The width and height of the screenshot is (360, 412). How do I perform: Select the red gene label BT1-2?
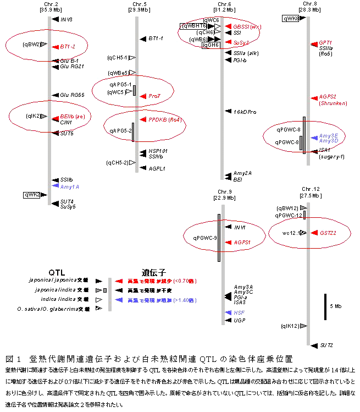pos(68,47)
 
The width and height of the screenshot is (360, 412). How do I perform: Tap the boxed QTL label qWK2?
pos(32,194)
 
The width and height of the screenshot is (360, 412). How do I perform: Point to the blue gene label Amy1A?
pos(70,186)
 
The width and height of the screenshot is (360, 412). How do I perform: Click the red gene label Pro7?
pos(154,96)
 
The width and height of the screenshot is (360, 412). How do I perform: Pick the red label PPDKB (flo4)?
pos(164,119)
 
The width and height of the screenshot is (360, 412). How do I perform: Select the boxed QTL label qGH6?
pos(211,45)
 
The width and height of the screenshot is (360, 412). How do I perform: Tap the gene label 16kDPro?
pos(245,112)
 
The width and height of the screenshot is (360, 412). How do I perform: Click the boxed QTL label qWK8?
pos(291,18)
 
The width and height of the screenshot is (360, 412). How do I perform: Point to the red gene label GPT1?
pos(325,42)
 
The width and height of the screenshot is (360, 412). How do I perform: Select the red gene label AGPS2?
pos(328,97)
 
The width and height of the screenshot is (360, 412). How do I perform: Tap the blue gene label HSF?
pos(239,312)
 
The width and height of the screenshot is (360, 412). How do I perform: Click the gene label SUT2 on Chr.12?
pos(326,345)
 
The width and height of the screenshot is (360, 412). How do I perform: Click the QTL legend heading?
pos(57,272)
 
